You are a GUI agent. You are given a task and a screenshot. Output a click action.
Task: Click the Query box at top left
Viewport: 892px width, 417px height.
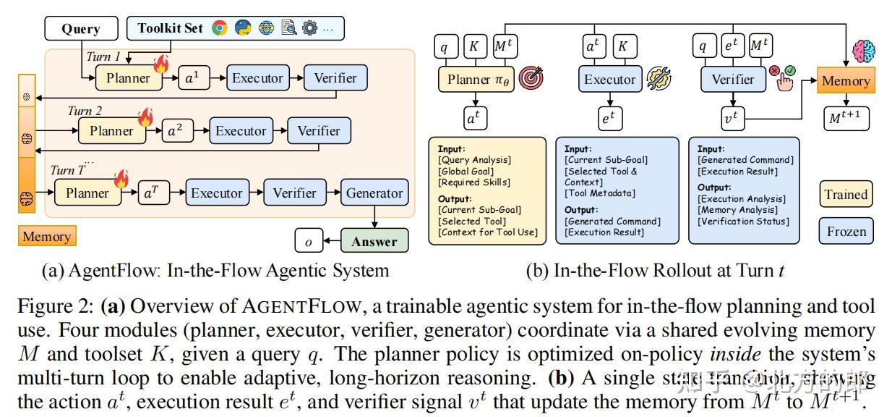pos(80,29)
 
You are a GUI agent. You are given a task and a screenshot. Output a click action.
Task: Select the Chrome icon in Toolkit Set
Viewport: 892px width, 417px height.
pos(220,28)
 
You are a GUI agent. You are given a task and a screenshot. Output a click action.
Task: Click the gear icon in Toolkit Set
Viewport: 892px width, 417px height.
pos(309,28)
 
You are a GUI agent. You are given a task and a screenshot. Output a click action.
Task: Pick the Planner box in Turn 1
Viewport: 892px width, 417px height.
pos(128,78)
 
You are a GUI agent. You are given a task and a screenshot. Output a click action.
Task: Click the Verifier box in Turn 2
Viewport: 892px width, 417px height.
pos(318,131)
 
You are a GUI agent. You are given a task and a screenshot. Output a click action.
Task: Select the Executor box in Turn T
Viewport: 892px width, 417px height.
pos(216,193)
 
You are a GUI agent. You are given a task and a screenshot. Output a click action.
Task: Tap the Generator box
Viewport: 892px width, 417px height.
pos(374,193)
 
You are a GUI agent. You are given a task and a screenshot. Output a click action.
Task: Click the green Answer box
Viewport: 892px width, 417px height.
pos(374,241)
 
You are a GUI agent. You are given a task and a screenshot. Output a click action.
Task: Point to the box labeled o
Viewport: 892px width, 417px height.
pos(309,241)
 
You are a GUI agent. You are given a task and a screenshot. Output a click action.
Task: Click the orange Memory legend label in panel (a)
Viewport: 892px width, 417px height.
pos(46,237)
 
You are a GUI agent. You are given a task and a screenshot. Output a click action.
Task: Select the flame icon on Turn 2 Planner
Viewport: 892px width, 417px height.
pos(145,117)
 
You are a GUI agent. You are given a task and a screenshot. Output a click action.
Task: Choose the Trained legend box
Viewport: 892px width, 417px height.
pos(846,194)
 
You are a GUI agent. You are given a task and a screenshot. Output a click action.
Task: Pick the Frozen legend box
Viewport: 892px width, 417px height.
pos(846,232)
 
